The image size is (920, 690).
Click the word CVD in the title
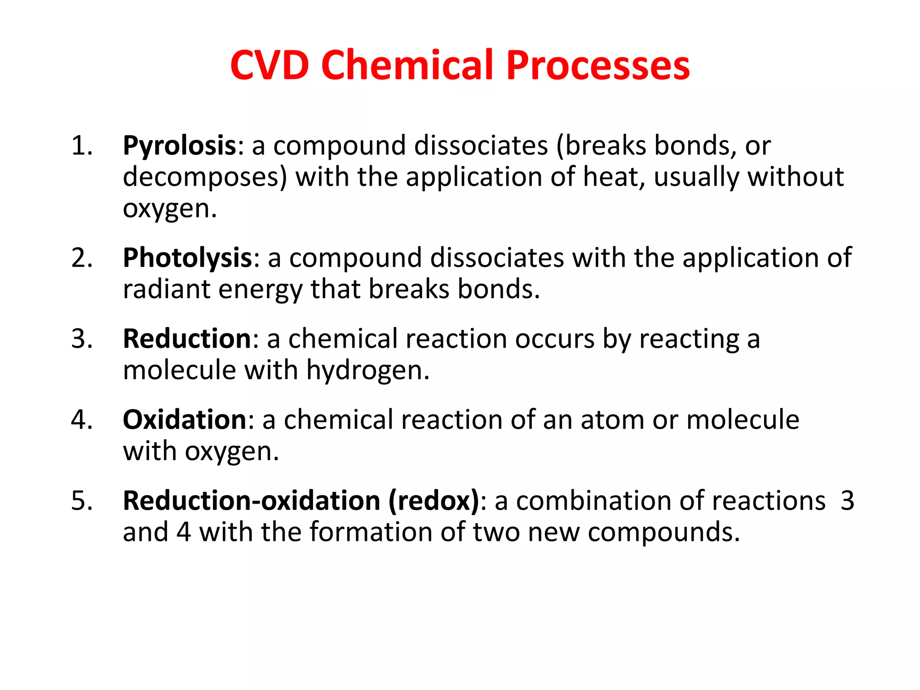(x=270, y=65)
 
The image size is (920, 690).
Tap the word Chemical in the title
(x=407, y=65)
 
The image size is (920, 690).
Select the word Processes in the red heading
(x=598, y=65)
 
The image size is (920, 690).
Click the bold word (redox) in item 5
(x=433, y=500)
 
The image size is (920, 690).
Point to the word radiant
(x=167, y=289)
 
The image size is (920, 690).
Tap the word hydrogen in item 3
(x=368, y=371)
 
